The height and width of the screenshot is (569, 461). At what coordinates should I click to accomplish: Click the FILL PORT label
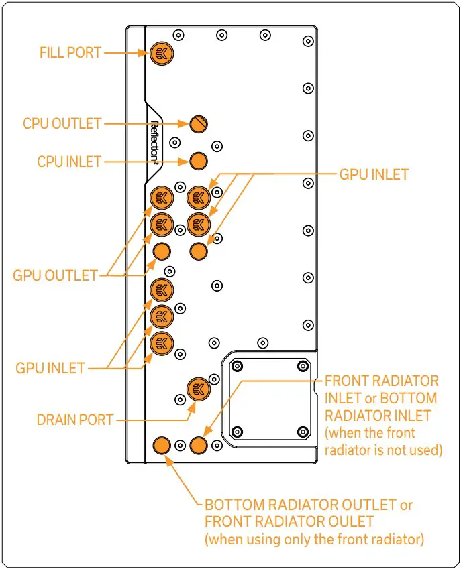70,52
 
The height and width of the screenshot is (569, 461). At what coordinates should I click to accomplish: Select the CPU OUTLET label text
62,123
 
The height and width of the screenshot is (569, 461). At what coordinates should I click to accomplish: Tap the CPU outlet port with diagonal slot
198,123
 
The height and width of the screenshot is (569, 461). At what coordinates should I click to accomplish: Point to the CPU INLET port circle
198,161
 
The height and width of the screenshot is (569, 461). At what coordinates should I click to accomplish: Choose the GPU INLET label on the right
374,174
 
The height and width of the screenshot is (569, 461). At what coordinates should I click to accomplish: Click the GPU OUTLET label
55,275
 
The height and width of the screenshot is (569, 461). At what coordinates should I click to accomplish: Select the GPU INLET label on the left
50,368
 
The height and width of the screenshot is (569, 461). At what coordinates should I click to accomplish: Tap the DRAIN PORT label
74,420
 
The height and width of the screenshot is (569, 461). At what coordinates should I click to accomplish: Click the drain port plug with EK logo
198,388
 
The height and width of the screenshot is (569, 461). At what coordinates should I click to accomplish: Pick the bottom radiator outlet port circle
161,444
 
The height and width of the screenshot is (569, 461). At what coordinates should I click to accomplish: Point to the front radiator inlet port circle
198,444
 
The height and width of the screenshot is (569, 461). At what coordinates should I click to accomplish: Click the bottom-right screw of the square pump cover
303,430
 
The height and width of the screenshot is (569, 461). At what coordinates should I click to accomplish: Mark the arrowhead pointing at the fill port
142,52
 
